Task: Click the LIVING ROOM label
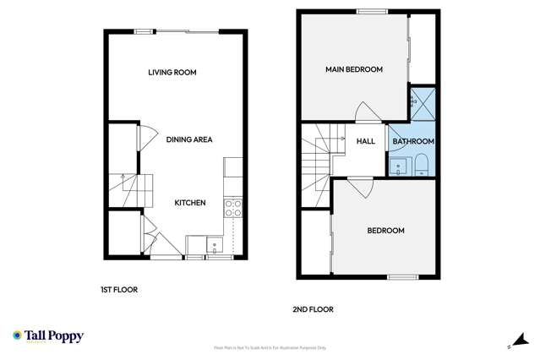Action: pyautogui.click(x=172, y=73)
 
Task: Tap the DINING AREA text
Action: pyautogui.click(x=188, y=139)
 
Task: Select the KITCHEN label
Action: pyautogui.click(x=189, y=203)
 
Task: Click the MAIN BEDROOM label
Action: pyautogui.click(x=354, y=69)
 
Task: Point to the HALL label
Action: pyautogui.click(x=365, y=141)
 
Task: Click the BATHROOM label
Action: pyautogui.click(x=413, y=141)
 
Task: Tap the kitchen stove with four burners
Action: pyautogui.click(x=233, y=208)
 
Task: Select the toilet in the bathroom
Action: pyautogui.click(x=423, y=162)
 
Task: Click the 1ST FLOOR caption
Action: pyautogui.click(x=118, y=290)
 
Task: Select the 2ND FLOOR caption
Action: pyautogui.click(x=313, y=309)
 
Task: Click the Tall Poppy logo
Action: pyautogui.click(x=48, y=336)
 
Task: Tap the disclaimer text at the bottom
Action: pyautogui.click(x=270, y=347)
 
